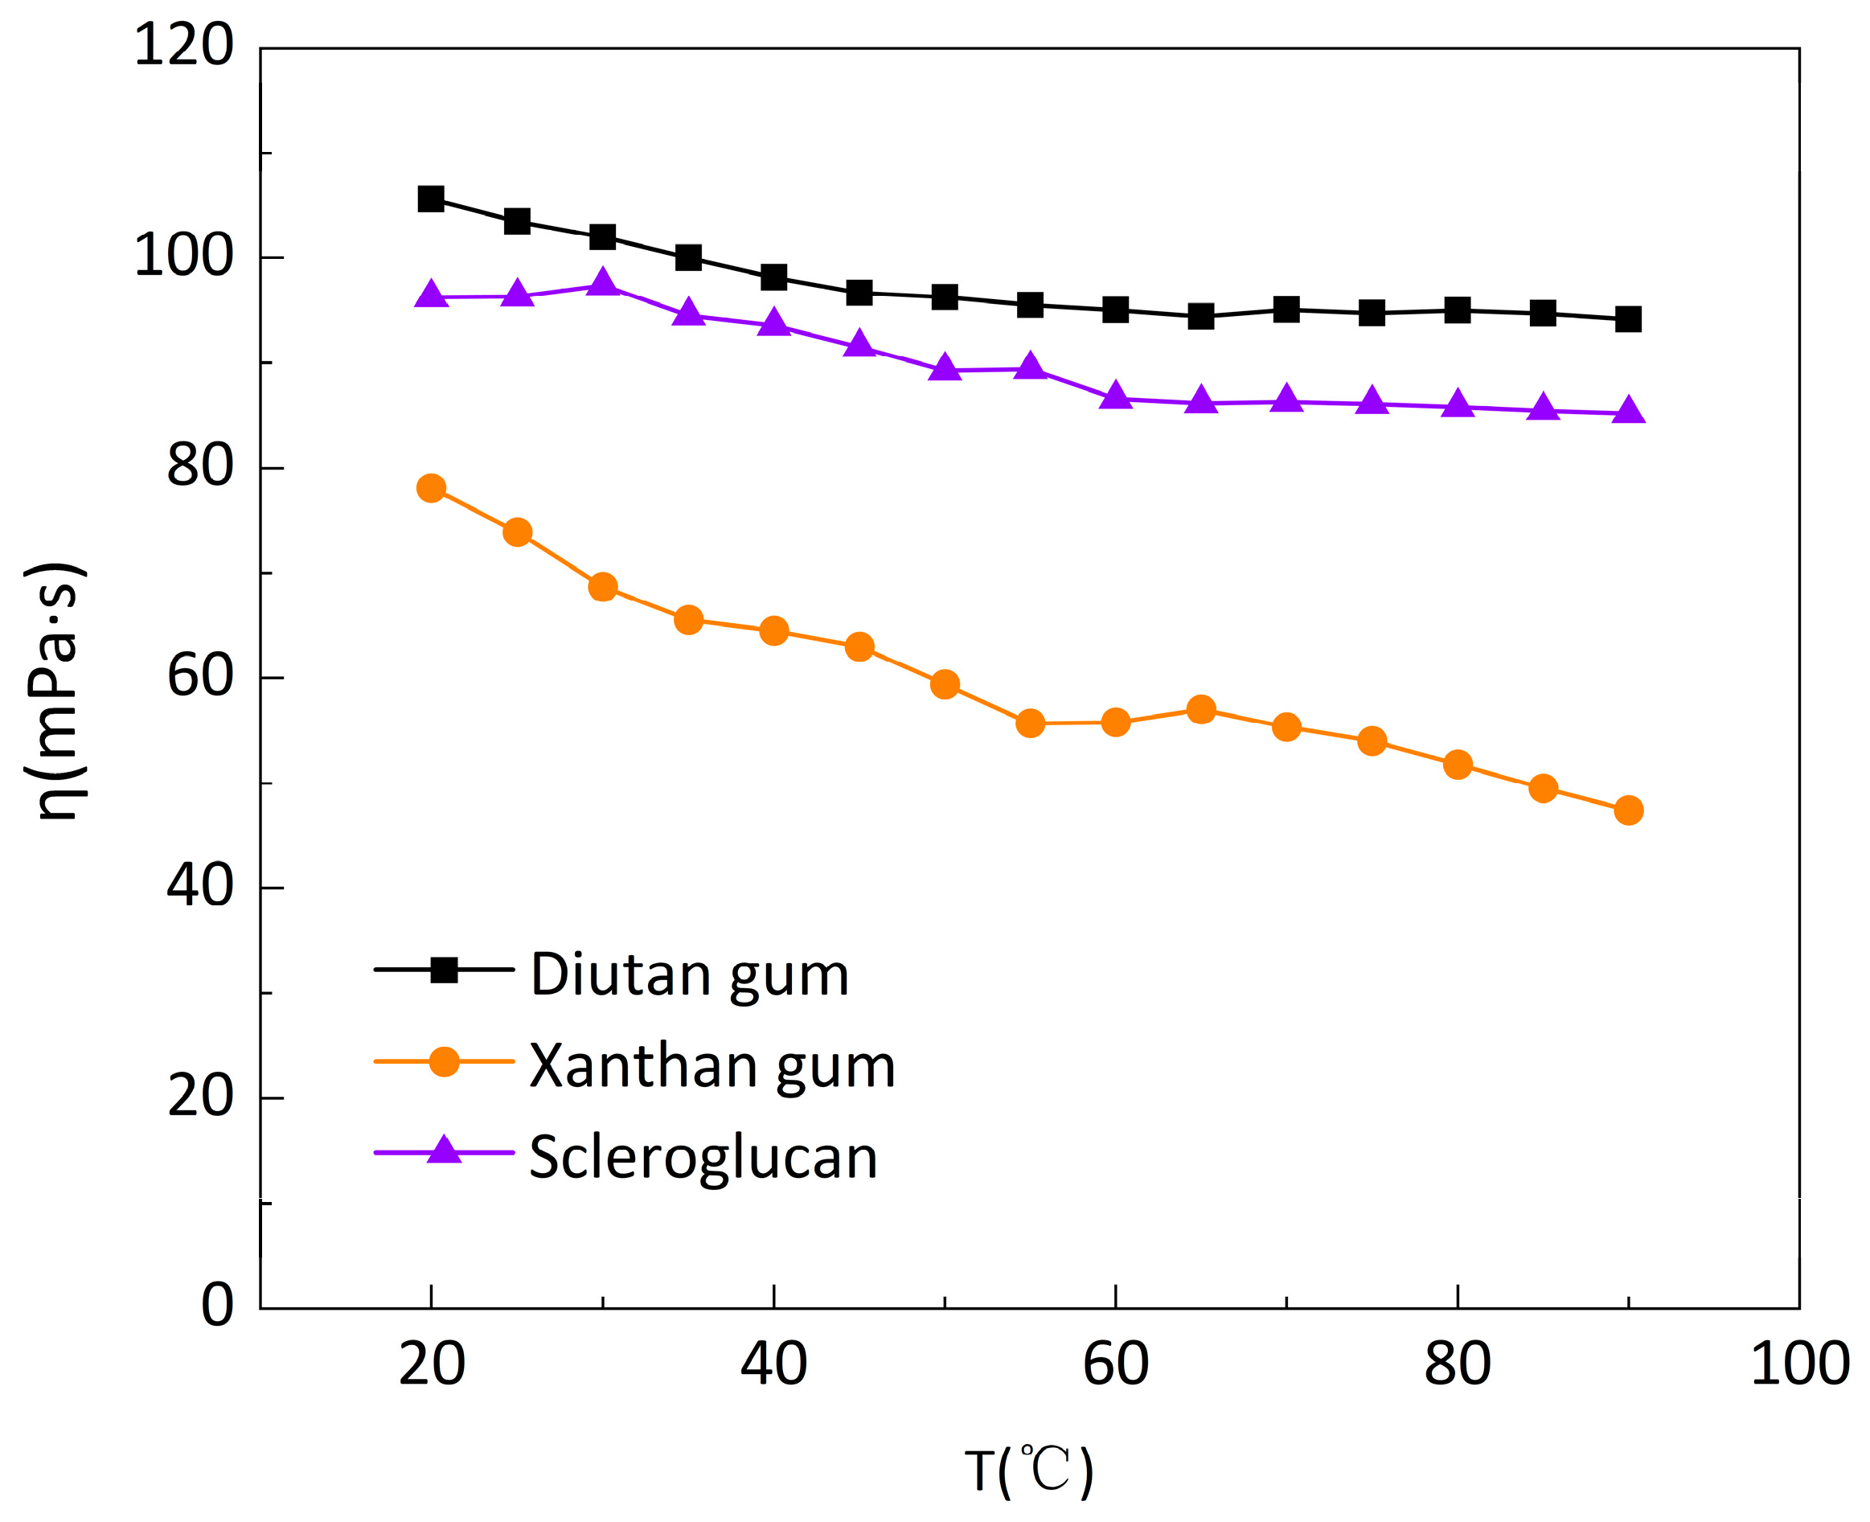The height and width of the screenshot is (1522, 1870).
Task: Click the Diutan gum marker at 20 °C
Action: click(430, 199)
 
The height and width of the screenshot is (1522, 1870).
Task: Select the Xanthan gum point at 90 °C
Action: click(1628, 810)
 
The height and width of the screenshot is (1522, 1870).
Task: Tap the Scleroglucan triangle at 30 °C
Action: click(602, 283)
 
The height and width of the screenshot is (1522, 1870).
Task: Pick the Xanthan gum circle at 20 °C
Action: click(430, 487)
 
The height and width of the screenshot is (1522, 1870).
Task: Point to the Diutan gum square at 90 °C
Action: click(1628, 319)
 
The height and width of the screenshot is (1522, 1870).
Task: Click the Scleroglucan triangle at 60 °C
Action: click(1115, 397)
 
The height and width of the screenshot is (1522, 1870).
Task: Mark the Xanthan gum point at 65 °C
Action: click(1201, 709)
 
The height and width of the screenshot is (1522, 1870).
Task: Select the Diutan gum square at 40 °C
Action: click(773, 278)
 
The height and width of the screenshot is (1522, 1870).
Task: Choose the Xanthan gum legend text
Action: click(712, 1066)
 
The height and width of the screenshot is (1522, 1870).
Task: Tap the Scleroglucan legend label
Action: click(703, 1157)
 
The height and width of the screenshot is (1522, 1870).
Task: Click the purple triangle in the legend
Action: click(444, 1151)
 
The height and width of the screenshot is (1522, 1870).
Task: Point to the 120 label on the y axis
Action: click(183, 46)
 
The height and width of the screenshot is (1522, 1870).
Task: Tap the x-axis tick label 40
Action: click(773, 1364)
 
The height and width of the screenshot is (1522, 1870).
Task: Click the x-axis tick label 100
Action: click(1799, 1364)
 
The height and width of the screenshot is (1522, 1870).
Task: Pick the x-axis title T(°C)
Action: click(1028, 1471)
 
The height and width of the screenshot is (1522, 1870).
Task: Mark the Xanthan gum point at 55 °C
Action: click(1030, 724)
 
